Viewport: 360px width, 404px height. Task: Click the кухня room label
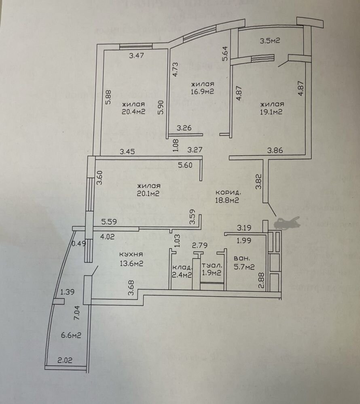[x=131, y=254]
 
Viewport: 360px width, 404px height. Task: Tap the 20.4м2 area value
[x=133, y=112]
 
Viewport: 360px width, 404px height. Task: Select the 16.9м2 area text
[x=202, y=91]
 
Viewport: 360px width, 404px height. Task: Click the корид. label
[x=228, y=192]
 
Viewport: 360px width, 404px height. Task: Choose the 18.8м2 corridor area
[x=227, y=200]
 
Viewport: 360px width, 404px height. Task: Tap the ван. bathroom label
[x=241, y=259]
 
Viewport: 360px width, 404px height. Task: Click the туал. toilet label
[x=212, y=265]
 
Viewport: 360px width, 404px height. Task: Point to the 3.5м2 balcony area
[x=270, y=41]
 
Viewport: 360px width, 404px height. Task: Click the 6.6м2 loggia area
[x=71, y=335]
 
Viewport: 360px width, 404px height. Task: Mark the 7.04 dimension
[x=77, y=313]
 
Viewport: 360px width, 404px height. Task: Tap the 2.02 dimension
[x=65, y=360]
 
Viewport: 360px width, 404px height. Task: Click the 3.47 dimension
[x=136, y=55]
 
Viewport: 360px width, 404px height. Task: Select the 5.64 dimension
[x=225, y=53]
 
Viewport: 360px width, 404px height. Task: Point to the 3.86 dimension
[x=275, y=150]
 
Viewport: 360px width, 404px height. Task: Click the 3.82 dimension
[x=258, y=182]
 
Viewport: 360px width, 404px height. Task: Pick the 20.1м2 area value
[x=148, y=194]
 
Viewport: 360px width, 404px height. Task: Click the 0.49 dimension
[x=79, y=244]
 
